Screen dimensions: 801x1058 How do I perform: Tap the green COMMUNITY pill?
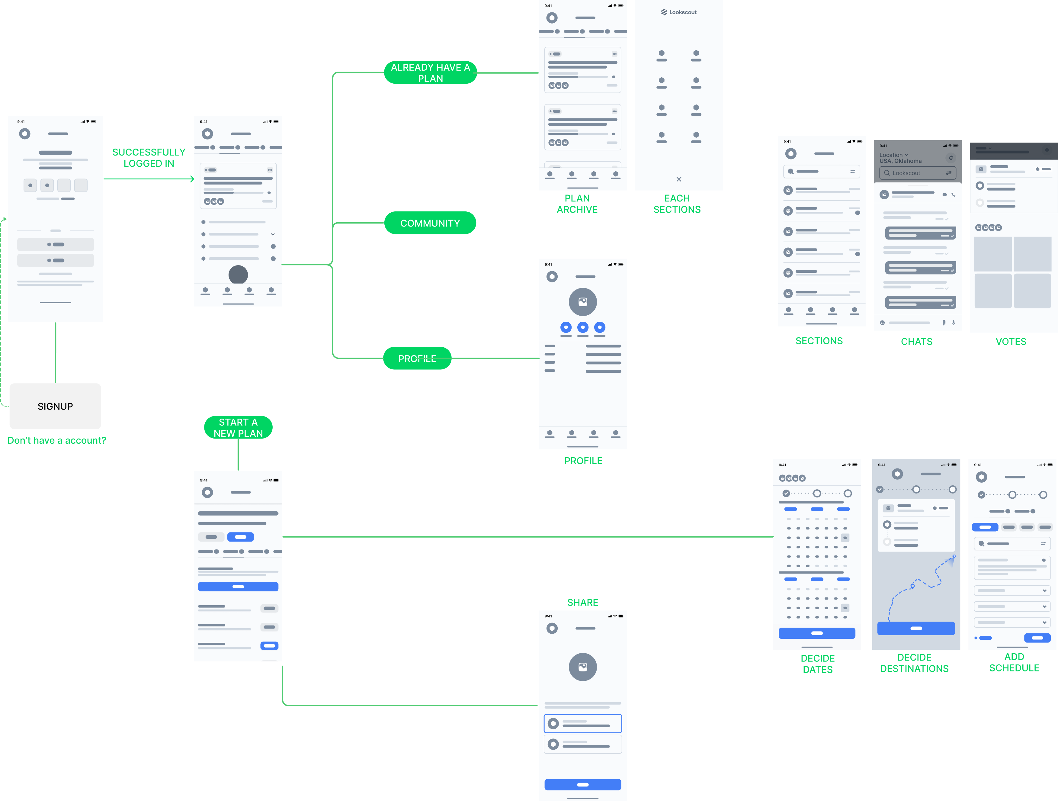430,223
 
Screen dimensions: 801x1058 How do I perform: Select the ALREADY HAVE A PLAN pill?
430,73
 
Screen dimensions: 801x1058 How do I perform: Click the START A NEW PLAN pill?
238,427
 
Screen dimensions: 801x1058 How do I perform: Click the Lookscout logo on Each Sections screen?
679,12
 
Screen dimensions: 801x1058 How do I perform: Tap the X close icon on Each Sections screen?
679,179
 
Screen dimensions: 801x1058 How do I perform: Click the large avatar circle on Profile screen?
582,302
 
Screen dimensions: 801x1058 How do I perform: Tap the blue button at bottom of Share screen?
582,784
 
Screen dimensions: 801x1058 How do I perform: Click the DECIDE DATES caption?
817,664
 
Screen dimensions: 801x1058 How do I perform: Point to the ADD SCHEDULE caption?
1014,662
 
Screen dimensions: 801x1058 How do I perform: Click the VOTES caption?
1011,342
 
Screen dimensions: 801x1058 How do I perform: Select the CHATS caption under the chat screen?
916,342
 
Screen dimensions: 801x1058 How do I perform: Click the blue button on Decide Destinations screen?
916,628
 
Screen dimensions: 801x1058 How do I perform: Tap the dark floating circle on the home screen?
238,275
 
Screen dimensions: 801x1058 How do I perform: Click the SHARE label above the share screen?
582,603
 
